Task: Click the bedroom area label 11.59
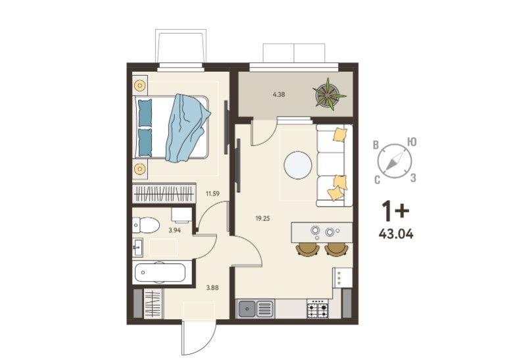212,193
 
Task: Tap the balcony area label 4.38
279,94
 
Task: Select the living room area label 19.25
262,219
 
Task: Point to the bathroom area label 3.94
174,230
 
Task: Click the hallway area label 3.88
212,288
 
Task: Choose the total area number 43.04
396,234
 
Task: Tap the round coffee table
298,166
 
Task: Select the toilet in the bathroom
146,225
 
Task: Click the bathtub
161,272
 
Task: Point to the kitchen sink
255,309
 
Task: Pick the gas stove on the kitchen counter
318,309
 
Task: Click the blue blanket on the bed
187,128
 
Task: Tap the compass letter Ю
411,142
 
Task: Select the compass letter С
377,180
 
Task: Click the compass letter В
376,145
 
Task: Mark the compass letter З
413,178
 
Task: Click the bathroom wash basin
137,247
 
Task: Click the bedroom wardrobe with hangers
164,193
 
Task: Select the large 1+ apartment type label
395,211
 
